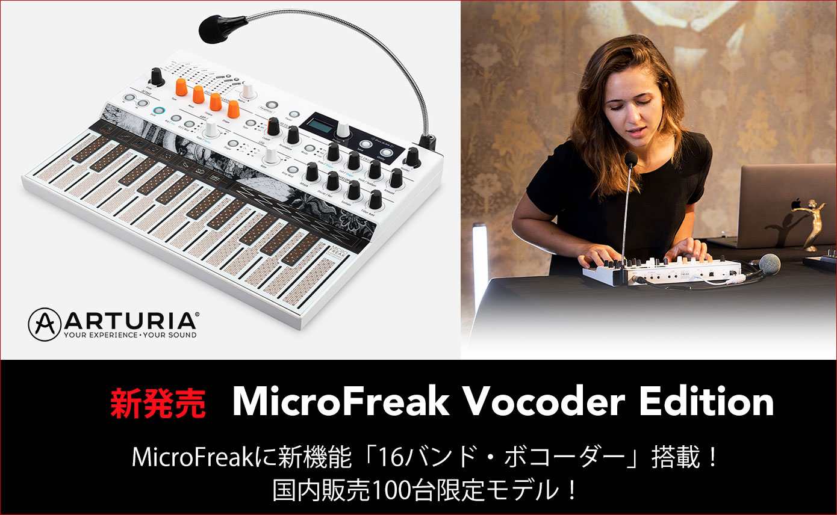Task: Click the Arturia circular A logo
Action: (44, 324)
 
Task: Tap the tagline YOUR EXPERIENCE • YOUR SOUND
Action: (130, 335)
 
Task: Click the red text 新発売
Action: (158, 403)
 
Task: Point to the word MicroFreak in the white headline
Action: (341, 402)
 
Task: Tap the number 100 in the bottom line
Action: (392, 491)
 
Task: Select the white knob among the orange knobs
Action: (247, 90)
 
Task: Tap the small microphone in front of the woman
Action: (630, 159)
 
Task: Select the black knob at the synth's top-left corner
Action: (157, 77)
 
